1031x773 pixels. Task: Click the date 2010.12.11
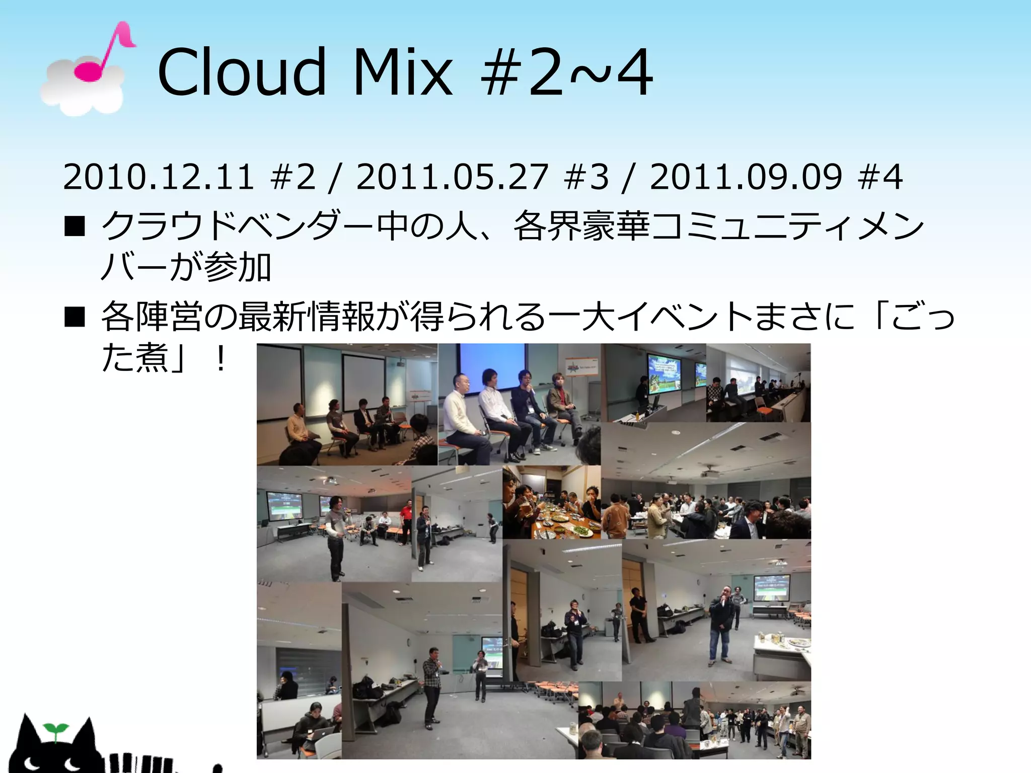(159, 177)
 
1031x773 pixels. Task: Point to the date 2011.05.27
(452, 177)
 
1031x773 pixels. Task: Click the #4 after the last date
(881, 177)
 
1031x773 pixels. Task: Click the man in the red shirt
(405, 521)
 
